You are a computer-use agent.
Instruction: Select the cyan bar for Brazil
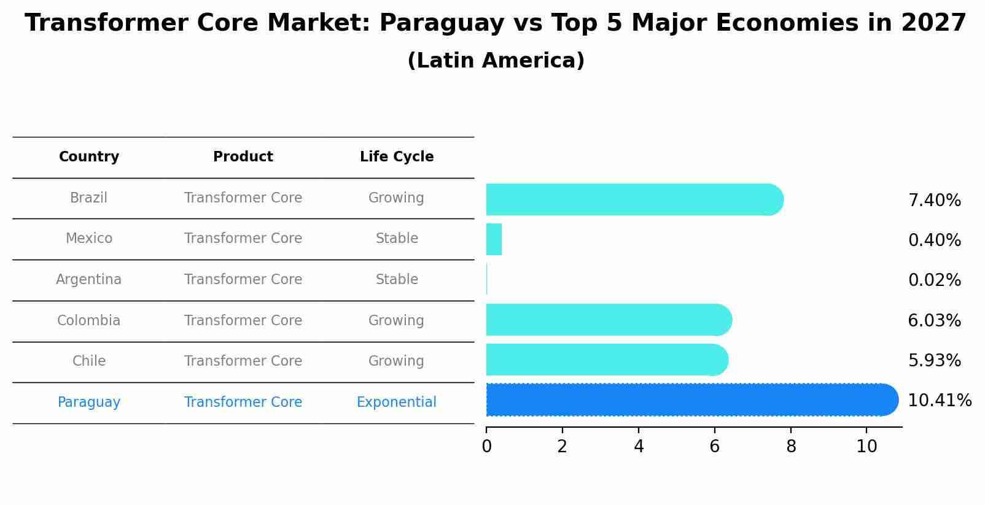click(633, 199)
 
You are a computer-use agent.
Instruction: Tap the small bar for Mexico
click(494, 239)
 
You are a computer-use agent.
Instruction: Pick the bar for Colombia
click(608, 320)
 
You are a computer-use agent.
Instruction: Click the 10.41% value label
click(939, 401)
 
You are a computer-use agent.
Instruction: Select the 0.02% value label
click(934, 280)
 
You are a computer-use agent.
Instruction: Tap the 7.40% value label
click(934, 201)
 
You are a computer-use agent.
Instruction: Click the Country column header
click(89, 157)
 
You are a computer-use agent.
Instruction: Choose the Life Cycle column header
click(397, 157)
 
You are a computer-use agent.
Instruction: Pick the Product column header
click(243, 157)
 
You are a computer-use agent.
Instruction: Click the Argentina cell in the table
click(89, 280)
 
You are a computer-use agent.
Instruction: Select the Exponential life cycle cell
click(397, 403)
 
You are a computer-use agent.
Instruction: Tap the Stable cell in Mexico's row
click(397, 239)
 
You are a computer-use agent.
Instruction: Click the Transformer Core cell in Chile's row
click(243, 361)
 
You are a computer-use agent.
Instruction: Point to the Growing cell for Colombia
click(396, 321)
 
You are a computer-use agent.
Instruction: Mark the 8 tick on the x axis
click(791, 447)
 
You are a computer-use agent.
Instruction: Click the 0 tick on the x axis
click(486, 447)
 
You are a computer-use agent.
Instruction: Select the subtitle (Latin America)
click(496, 61)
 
